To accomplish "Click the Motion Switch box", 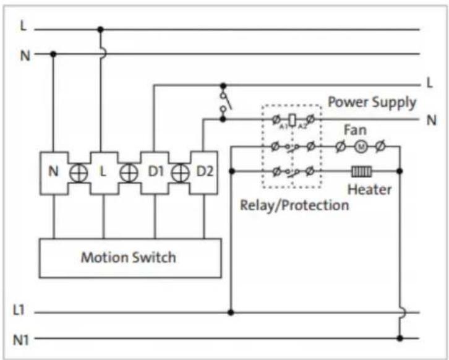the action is (x=130, y=258).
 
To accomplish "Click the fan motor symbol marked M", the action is (x=361, y=147).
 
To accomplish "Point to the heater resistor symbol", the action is (x=362, y=171).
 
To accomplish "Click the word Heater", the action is (x=369, y=190).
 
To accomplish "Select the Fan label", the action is (x=355, y=130).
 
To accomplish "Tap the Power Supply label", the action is (x=372, y=103).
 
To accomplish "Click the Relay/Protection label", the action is (x=294, y=205).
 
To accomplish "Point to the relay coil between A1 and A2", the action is (x=292, y=120).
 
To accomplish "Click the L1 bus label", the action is (x=19, y=310).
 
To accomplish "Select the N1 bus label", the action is (x=21, y=340).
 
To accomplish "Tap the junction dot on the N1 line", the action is (x=400, y=338).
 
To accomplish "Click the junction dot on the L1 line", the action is (x=231, y=312).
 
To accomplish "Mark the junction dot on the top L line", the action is (x=100, y=29).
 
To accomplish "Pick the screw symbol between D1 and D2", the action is (x=180, y=173).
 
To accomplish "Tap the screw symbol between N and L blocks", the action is (x=79, y=173).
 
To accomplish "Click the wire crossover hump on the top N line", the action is (x=104, y=54).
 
